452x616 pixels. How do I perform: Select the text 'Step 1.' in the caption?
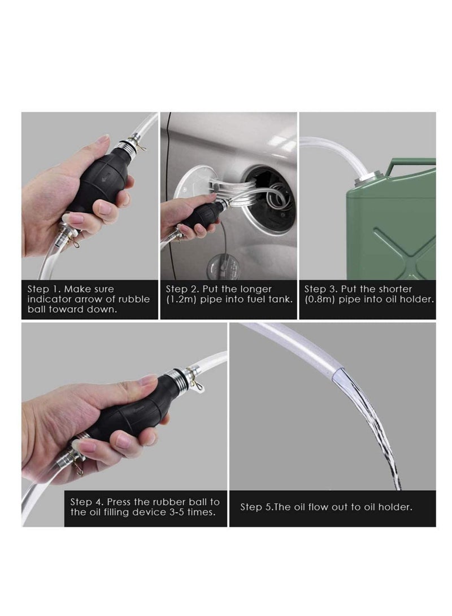[x=44, y=289]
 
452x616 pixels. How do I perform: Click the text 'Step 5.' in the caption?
[x=258, y=507]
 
